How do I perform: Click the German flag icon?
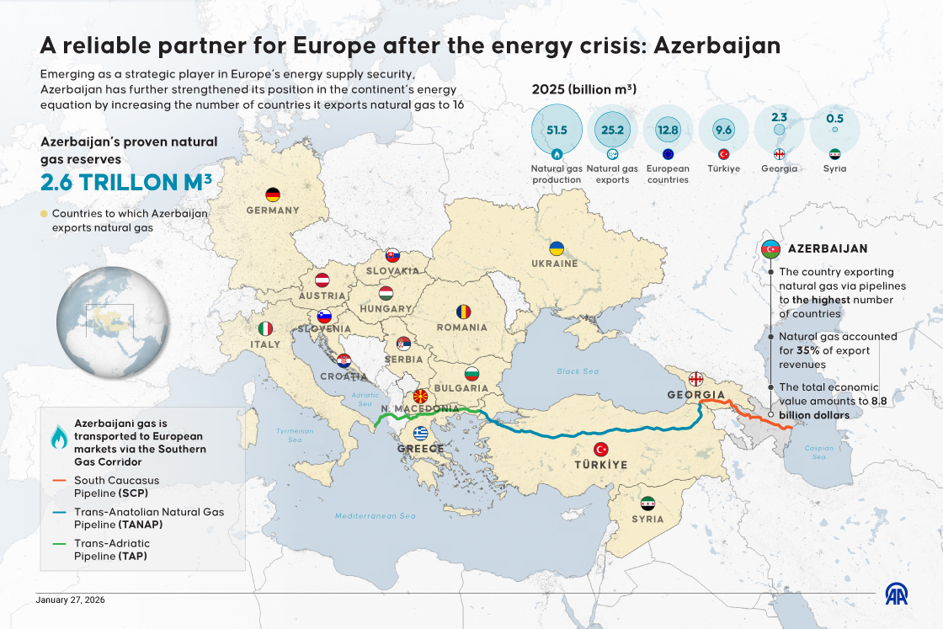(272, 195)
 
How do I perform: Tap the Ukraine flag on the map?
(557, 248)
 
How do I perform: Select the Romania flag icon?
(463, 312)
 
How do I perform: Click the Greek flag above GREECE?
(420, 434)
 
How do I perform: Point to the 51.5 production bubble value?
(557, 130)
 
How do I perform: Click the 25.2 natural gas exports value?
(612, 130)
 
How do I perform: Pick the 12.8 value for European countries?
(668, 130)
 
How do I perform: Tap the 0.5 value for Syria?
(834, 119)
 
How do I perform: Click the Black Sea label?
(578, 371)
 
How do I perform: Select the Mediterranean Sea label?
(376, 516)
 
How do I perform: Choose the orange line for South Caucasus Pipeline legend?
(58, 481)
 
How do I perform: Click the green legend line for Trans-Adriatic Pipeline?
(58, 544)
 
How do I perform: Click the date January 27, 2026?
(71, 600)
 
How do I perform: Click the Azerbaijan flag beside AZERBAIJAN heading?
(771, 249)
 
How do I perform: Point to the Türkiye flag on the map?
(601, 449)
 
